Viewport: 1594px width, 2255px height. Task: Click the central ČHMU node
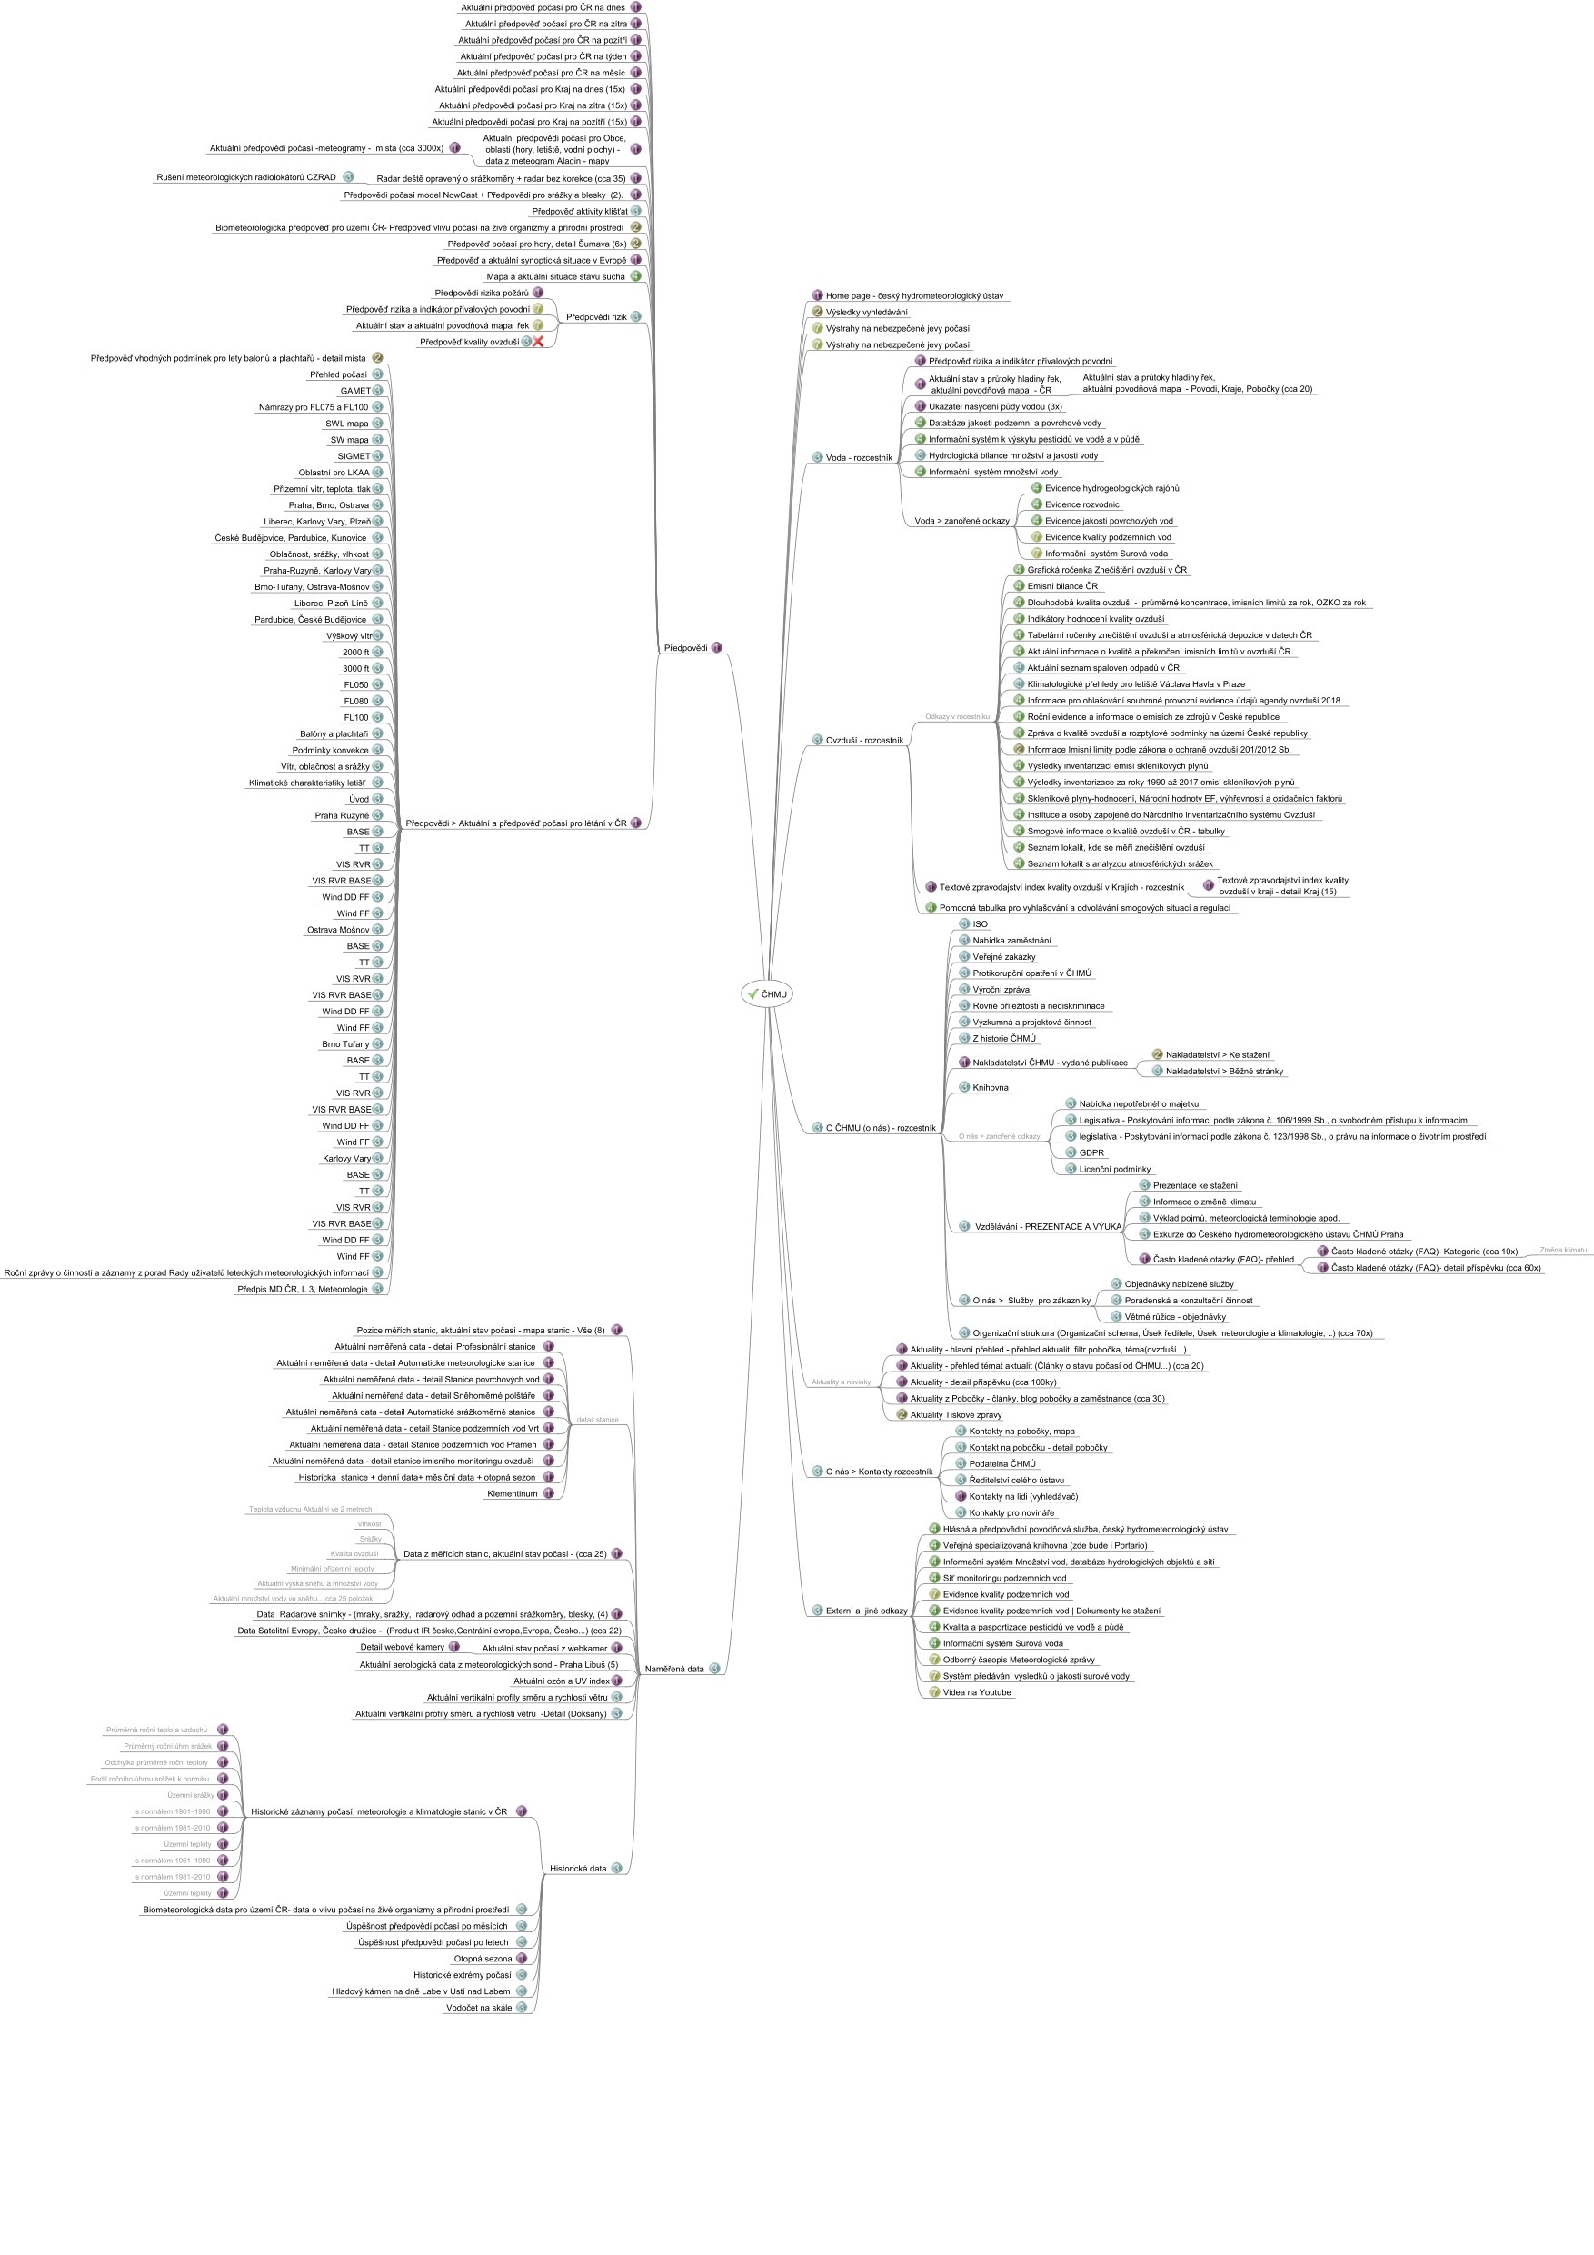773,994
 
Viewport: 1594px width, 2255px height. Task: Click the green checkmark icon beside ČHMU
752,994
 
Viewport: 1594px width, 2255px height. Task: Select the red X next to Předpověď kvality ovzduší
538,342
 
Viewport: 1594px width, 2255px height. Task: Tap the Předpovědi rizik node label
596,317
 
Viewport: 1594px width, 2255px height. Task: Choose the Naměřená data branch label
673,1669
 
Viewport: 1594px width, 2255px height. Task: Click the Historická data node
577,1868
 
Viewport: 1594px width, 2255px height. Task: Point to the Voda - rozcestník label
859,458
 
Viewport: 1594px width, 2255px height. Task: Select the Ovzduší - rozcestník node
863,741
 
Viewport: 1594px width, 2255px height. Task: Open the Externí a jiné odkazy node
866,1611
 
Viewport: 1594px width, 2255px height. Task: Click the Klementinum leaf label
512,1494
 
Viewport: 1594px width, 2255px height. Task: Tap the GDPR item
1091,1153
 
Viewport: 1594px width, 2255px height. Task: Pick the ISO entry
981,924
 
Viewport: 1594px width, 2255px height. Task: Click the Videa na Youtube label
976,1692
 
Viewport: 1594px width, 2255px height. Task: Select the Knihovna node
990,1087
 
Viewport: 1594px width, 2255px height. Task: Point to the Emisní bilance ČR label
1061,586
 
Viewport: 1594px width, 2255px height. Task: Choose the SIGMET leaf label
354,455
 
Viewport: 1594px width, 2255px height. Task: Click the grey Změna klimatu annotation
1562,1251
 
